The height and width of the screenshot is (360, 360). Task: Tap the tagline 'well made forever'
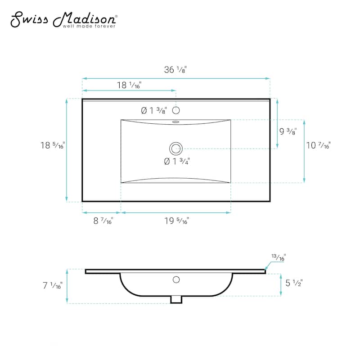pyautogui.click(x=89, y=26)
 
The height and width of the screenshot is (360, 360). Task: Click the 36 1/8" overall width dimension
pyautogui.click(x=175, y=70)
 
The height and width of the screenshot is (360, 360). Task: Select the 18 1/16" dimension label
pyautogui.click(x=129, y=85)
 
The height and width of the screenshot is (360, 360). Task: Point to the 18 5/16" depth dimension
pyautogui.click(x=53, y=145)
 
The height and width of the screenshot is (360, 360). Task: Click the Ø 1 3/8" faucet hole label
pyautogui.click(x=154, y=111)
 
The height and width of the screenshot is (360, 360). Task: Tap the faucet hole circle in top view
pyautogui.click(x=176, y=110)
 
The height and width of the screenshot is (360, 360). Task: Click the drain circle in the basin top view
pyautogui.click(x=176, y=148)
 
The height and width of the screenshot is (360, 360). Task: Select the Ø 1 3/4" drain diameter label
pyautogui.click(x=177, y=162)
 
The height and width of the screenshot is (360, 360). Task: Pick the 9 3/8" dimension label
pyautogui.click(x=288, y=131)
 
